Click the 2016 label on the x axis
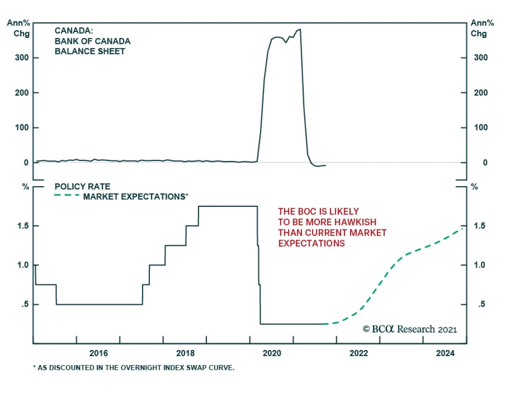98,353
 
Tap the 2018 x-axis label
185,353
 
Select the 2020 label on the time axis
272,353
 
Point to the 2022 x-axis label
359,353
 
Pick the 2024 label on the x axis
445,353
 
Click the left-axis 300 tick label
22,58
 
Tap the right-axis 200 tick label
481,93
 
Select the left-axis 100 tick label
22,127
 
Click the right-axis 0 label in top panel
485,163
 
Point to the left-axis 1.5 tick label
23,226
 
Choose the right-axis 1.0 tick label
479,265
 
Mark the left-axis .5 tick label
25,304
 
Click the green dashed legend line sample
67,195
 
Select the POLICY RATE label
82,186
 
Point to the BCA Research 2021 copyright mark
410,329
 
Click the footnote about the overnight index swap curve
134,368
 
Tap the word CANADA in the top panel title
73,31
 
